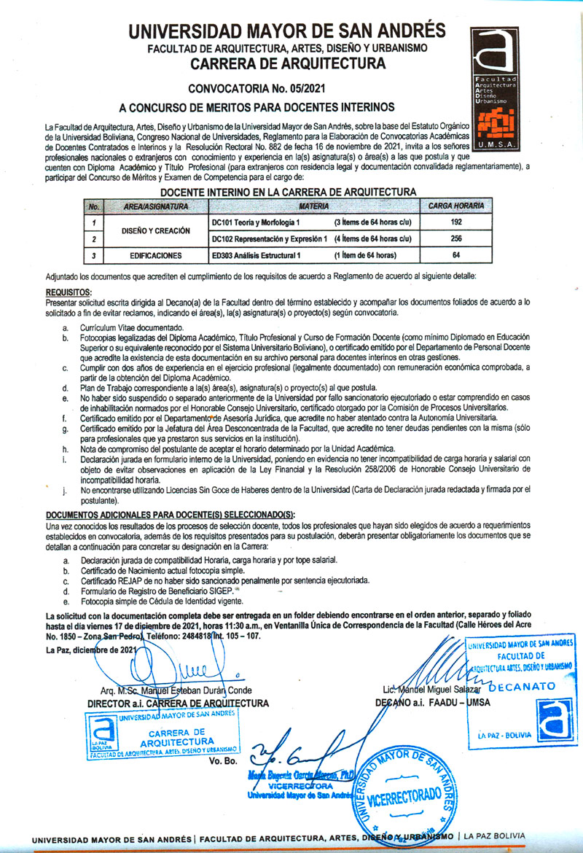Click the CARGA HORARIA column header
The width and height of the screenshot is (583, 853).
(x=456, y=207)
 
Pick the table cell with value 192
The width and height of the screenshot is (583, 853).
(x=456, y=222)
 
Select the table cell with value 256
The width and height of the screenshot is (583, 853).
(x=456, y=238)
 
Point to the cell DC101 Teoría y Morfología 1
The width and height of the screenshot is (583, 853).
(x=259, y=222)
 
